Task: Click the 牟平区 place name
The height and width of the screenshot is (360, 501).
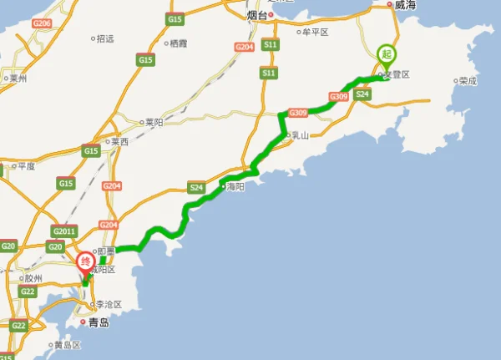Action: click(x=316, y=32)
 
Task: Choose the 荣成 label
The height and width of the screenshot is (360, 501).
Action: click(x=468, y=81)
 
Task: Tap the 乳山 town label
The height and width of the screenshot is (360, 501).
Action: click(x=298, y=135)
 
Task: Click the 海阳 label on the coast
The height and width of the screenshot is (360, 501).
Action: click(x=235, y=188)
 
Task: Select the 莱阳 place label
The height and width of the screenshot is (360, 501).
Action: click(x=154, y=122)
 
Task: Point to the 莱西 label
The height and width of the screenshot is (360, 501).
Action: click(x=119, y=142)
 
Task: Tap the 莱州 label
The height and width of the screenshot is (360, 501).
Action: click(x=18, y=79)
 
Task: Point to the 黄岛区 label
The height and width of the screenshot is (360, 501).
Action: click(x=68, y=344)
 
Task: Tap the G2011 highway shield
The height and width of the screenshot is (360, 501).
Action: click(x=63, y=231)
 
